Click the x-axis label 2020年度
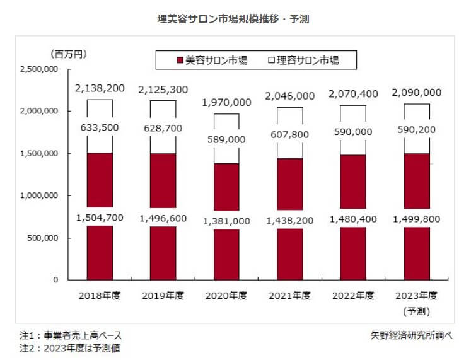tap(226, 295)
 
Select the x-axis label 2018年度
tap(100, 295)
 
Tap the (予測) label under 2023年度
tap(416, 310)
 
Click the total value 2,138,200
tap(100, 90)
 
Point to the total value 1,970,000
tap(226, 102)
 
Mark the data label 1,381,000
tap(226, 221)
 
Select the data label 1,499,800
tap(416, 220)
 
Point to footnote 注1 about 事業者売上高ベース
tap(70, 335)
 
